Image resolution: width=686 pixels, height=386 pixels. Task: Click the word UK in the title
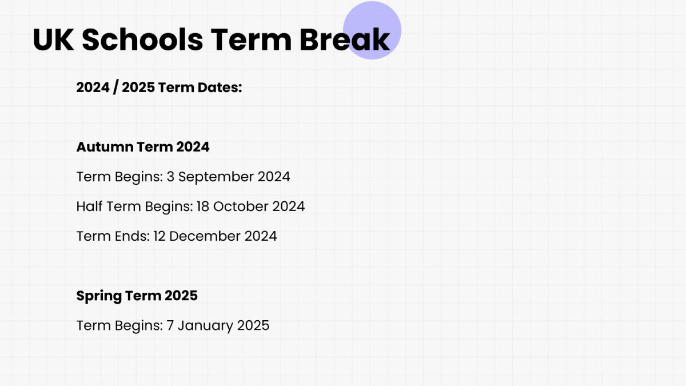pyautogui.click(x=53, y=39)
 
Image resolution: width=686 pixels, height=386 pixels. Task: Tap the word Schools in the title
pyautogui.click(x=142, y=39)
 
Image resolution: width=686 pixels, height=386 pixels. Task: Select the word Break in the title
pyautogui.click(x=345, y=39)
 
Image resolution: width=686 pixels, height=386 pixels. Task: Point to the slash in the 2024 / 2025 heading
pyautogui.click(x=115, y=87)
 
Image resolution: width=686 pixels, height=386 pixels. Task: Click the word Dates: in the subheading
pyautogui.click(x=220, y=87)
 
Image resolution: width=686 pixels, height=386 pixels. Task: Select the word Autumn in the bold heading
pyautogui.click(x=105, y=147)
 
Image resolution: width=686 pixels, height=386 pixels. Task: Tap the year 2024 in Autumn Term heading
pyautogui.click(x=193, y=147)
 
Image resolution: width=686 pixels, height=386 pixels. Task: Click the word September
pyautogui.click(x=216, y=177)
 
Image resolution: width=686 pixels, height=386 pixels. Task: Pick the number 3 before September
pyautogui.click(x=170, y=177)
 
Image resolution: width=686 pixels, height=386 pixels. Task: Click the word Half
pyautogui.click(x=89, y=206)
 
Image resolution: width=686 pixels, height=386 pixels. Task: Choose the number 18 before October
pyautogui.click(x=203, y=206)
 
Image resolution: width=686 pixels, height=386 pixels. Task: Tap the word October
pyautogui.click(x=241, y=206)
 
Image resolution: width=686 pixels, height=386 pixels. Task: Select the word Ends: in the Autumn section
pyautogui.click(x=132, y=236)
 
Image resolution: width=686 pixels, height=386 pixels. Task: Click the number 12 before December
pyautogui.click(x=159, y=236)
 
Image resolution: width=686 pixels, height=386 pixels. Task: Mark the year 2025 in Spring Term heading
pyautogui.click(x=181, y=296)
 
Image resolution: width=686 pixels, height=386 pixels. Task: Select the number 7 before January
pyautogui.click(x=170, y=325)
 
